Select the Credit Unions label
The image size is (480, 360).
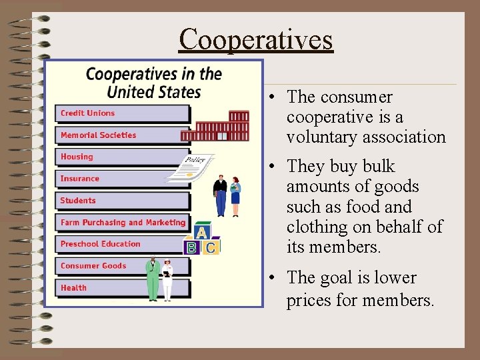click(87, 113)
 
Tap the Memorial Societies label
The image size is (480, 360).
click(98, 135)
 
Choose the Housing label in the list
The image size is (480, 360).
click(77, 157)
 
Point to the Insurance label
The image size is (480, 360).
click(79, 179)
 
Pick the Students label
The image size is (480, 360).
click(78, 201)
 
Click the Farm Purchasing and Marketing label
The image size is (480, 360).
click(123, 223)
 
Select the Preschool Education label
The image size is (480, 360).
click(100, 244)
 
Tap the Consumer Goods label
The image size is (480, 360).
click(93, 266)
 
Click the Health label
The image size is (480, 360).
click(73, 288)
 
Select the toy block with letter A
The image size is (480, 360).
click(201, 233)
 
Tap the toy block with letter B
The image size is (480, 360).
click(191, 247)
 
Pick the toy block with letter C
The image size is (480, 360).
click(211, 247)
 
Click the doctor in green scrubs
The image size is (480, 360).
click(153, 279)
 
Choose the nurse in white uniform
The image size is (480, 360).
click(167, 280)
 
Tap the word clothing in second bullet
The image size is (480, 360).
click(317, 227)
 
